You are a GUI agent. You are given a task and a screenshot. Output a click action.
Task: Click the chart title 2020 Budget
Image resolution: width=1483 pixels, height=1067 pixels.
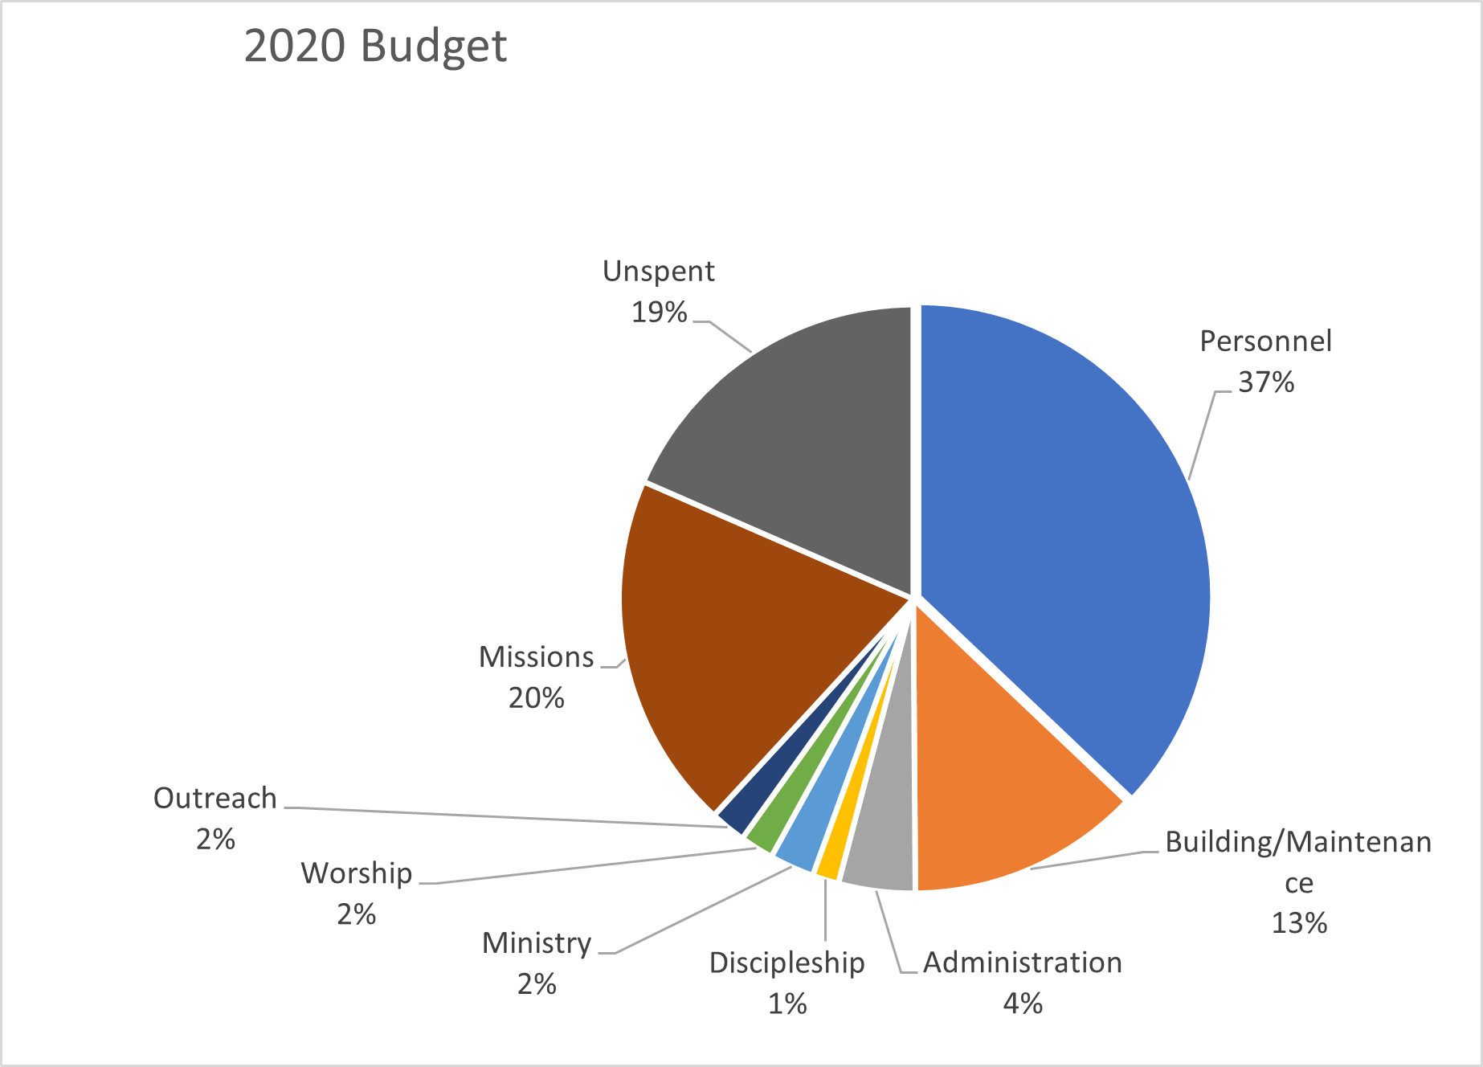(x=375, y=46)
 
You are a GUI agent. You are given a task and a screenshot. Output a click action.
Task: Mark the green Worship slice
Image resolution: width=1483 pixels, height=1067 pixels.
(x=775, y=828)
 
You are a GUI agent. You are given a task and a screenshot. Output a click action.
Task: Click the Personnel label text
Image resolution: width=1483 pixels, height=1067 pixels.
(x=1265, y=341)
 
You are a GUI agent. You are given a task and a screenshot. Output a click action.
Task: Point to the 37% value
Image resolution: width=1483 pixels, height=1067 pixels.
(x=1266, y=382)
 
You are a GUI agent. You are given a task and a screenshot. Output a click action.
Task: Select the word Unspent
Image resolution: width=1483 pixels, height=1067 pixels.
(x=659, y=272)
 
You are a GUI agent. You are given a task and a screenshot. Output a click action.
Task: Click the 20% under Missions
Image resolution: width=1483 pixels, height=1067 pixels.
(x=537, y=698)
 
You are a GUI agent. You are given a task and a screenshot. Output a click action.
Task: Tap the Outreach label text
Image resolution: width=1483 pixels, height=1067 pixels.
(x=215, y=799)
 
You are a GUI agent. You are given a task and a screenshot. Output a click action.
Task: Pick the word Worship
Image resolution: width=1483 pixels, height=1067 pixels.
(x=357, y=874)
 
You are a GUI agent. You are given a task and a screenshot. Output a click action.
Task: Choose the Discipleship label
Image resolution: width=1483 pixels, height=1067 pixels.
(x=787, y=963)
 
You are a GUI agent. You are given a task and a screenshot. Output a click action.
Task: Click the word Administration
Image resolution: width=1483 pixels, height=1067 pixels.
(x=1023, y=963)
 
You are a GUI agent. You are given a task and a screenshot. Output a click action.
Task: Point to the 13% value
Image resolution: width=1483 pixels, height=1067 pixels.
(x=1299, y=923)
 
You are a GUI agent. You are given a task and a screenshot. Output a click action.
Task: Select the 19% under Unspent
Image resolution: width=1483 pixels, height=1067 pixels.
(x=659, y=313)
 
